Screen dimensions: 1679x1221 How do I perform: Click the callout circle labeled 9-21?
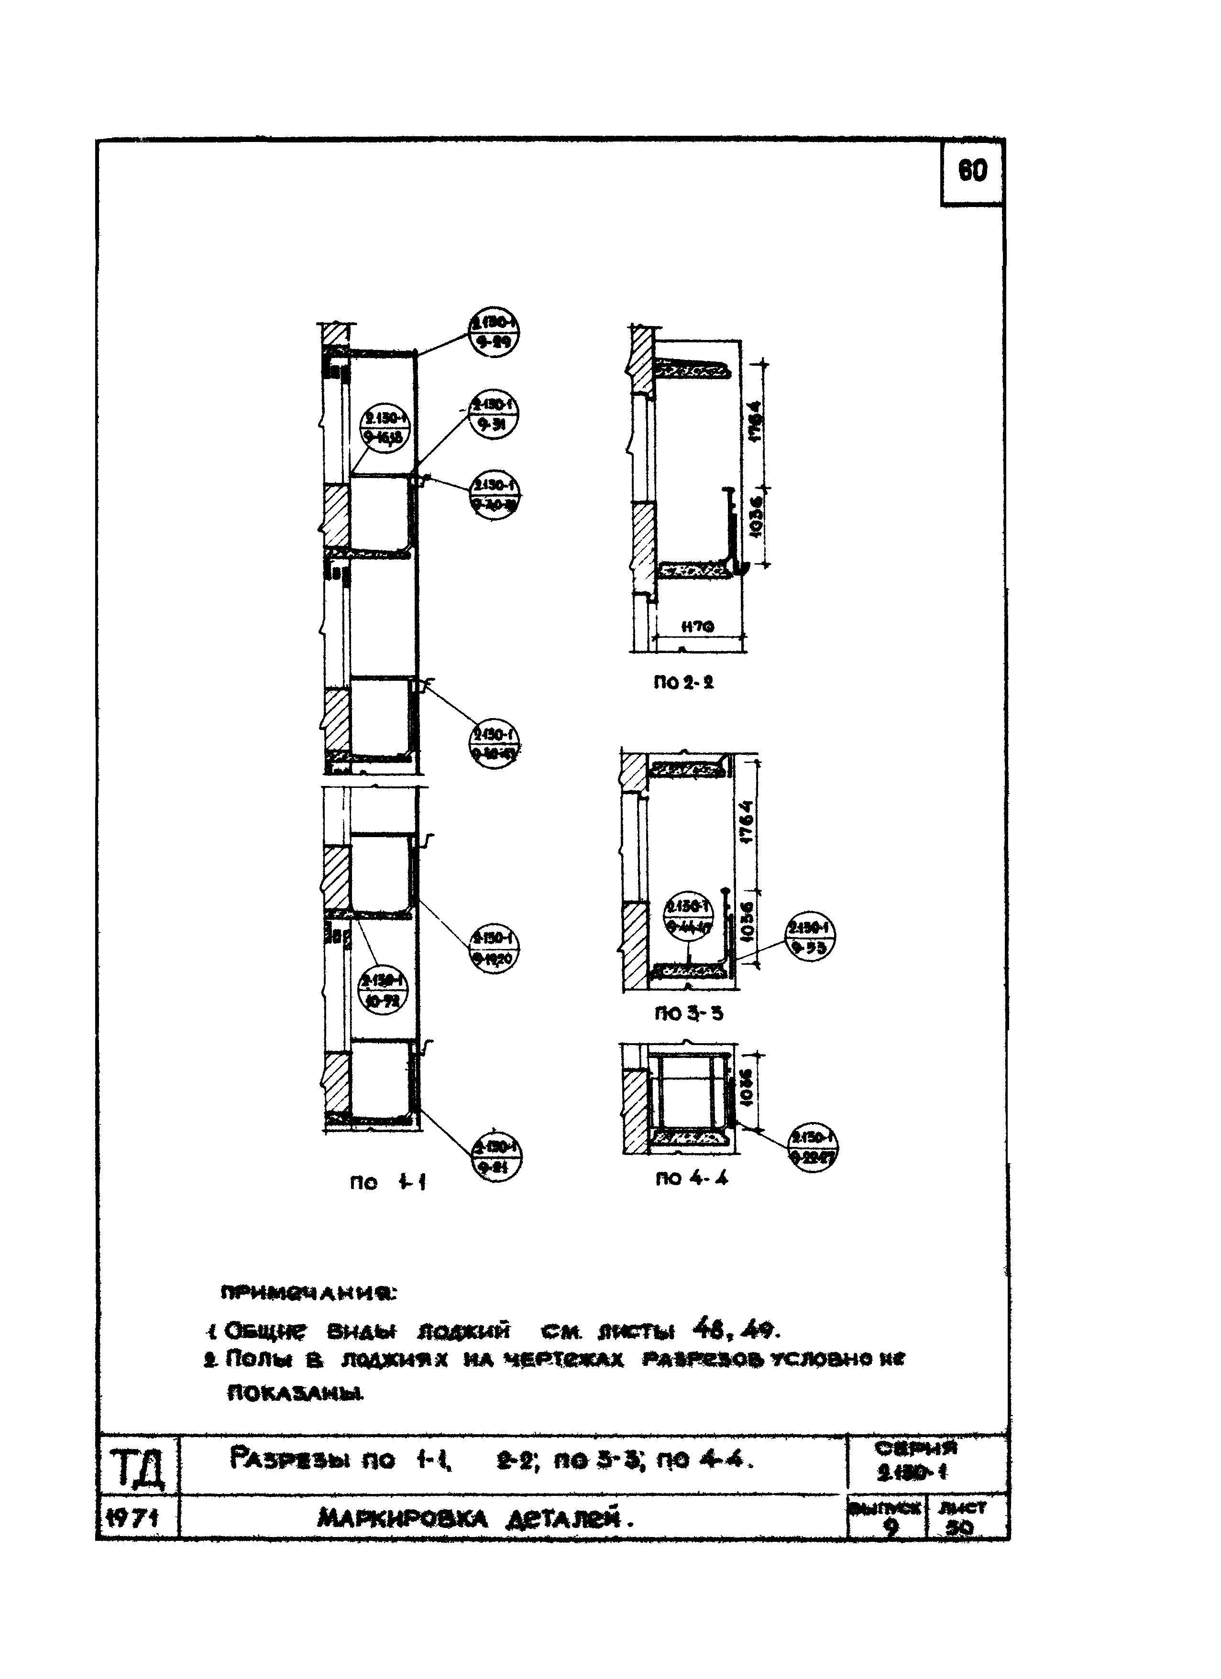pyautogui.click(x=496, y=1158)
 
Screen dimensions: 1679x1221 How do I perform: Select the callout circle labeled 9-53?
pyautogui.click(x=810, y=938)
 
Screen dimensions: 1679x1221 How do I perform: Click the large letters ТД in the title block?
pyautogui.click(x=136, y=1468)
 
